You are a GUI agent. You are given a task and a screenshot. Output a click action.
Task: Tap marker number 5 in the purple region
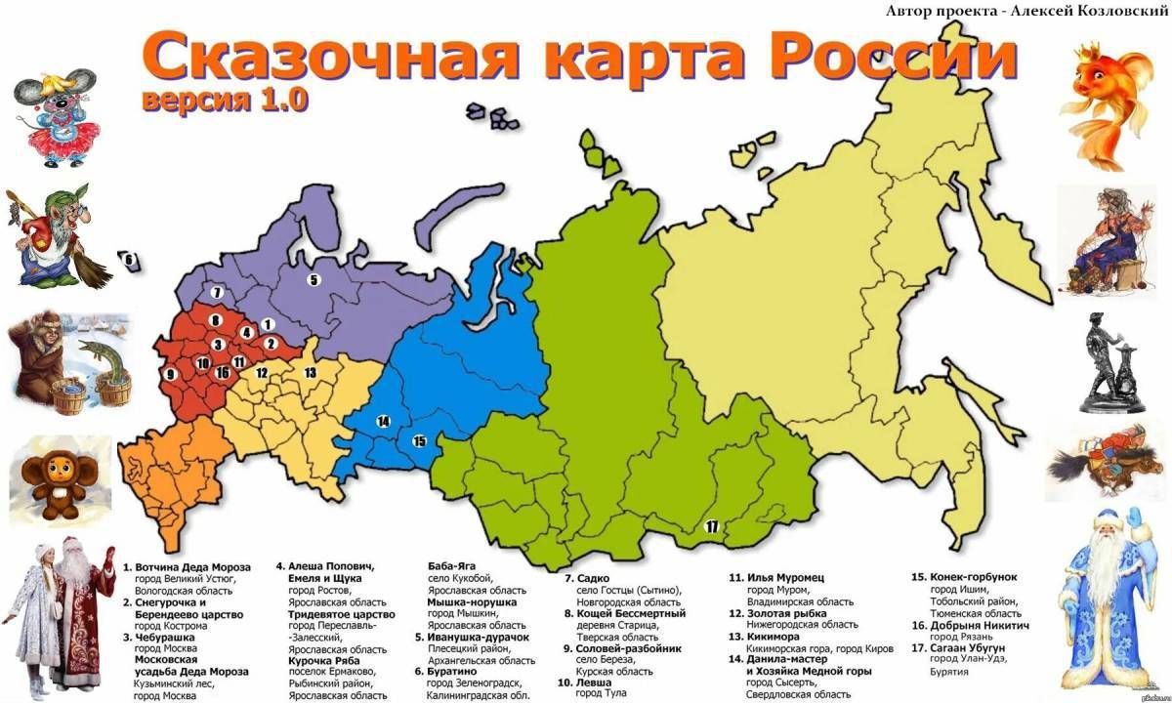tap(314, 280)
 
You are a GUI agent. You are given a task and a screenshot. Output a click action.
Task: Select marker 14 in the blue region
tap(383, 421)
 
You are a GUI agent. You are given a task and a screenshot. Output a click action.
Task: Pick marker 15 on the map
tap(419, 440)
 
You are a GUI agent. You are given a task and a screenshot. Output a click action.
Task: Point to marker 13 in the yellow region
tap(310, 372)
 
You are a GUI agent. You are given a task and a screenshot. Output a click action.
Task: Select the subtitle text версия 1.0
tap(226, 100)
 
